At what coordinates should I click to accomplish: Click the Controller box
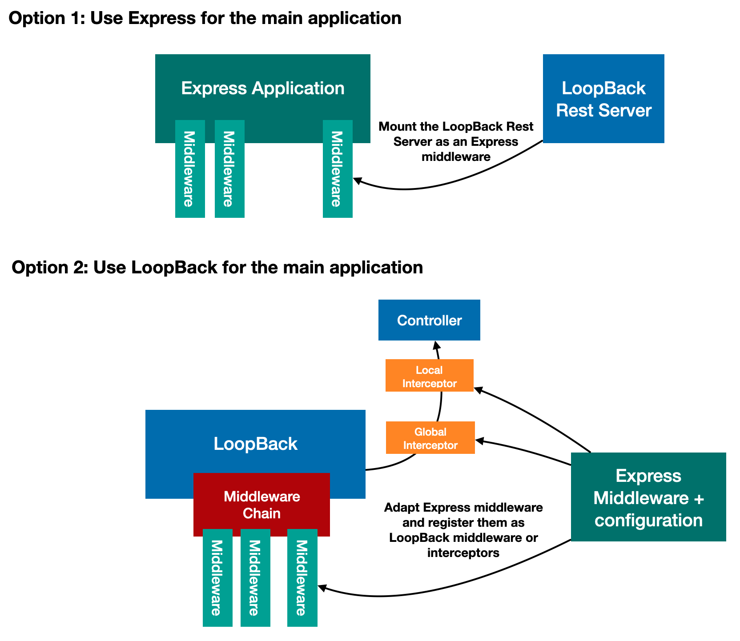(429, 320)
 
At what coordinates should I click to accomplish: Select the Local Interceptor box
(429, 376)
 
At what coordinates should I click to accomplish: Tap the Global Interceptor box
(430, 438)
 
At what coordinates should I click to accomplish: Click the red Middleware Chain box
(261, 505)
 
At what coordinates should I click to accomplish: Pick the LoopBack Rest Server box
(603, 99)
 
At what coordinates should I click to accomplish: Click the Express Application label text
(263, 88)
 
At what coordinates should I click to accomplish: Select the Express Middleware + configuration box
(648, 497)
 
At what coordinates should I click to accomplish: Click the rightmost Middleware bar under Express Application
(338, 169)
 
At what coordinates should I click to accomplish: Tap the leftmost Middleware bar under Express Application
(190, 169)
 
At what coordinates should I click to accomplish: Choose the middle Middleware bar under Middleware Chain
(255, 578)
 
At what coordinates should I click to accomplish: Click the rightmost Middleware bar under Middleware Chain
(302, 578)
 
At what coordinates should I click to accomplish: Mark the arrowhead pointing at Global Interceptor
(480, 441)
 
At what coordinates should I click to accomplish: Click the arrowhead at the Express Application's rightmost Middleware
(357, 180)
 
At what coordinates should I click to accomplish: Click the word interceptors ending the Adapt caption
(463, 553)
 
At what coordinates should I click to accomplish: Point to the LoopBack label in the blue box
(255, 444)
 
